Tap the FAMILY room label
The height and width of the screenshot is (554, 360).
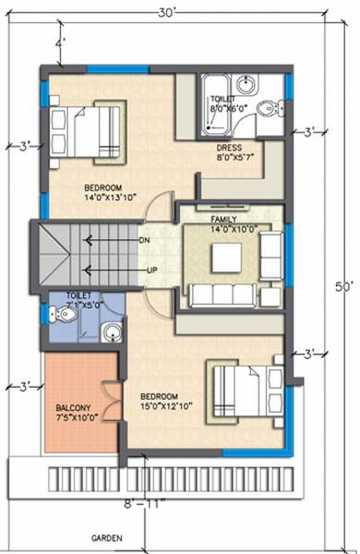[x=224, y=224]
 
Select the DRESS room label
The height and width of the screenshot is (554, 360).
[x=231, y=151]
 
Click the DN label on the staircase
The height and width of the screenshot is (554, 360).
[x=144, y=239]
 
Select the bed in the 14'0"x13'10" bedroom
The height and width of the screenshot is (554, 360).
[x=86, y=127]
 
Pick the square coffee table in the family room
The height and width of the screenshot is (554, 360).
[x=225, y=259]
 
